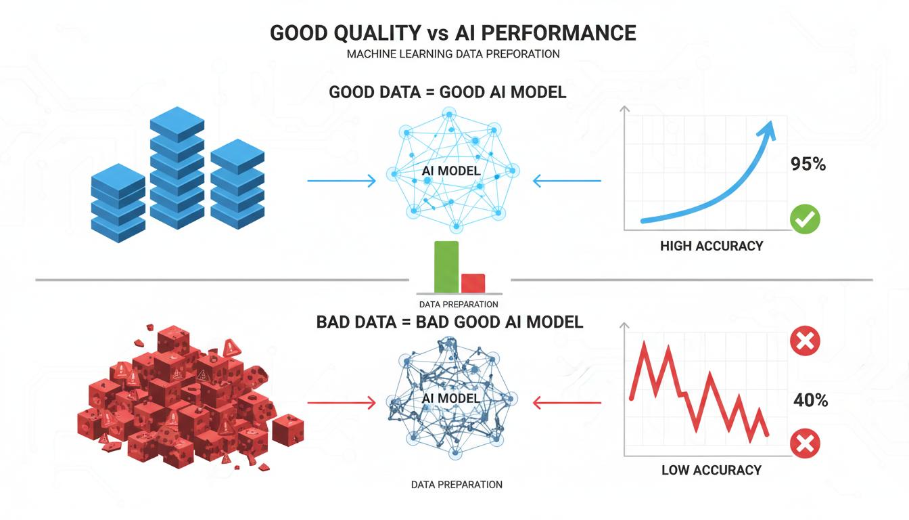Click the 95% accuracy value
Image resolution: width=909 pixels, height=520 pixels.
808,164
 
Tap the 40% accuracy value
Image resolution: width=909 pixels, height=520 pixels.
810,400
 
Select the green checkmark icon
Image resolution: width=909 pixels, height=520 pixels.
805,219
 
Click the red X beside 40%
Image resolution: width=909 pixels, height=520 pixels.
805,444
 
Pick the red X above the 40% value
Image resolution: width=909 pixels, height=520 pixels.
805,341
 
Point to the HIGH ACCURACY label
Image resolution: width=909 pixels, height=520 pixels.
712,246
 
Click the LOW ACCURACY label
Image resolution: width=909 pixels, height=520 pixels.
712,470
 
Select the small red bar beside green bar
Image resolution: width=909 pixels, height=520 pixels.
473,282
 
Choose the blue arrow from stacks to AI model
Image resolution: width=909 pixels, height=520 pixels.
341,181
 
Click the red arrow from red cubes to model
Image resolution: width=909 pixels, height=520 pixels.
341,404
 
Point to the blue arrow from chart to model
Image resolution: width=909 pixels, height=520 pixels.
567,181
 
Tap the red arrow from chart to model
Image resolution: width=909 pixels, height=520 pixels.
567,404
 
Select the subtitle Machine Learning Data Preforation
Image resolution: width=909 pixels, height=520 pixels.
453,54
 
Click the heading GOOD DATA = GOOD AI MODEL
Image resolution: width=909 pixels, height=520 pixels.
448,92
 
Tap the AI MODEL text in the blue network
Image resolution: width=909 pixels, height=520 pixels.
451,171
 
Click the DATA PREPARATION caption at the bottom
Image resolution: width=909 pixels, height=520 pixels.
457,485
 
